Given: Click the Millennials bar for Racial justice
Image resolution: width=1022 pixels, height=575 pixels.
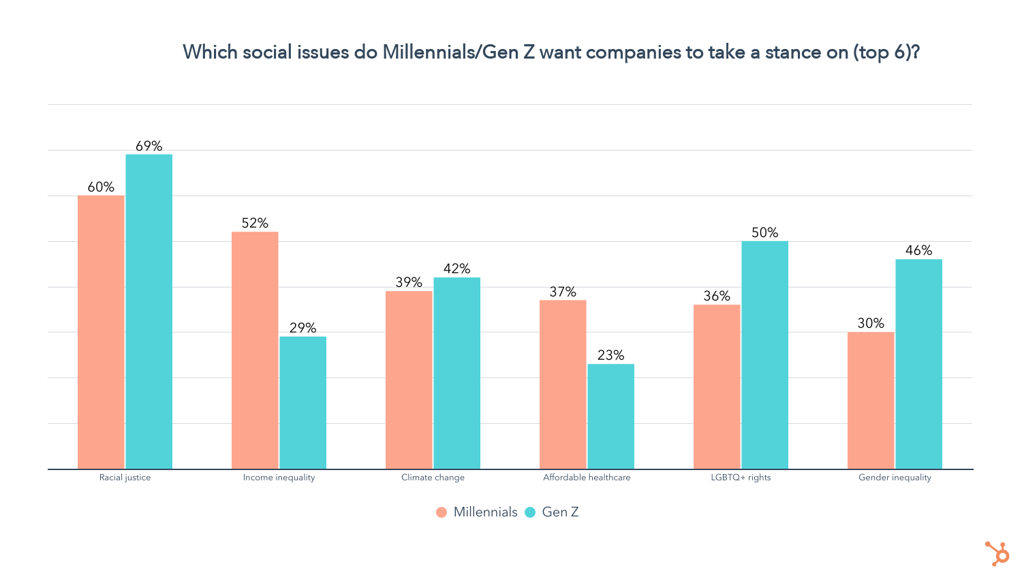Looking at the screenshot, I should pos(101,332).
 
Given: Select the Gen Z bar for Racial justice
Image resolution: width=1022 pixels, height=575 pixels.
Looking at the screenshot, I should pos(149,311).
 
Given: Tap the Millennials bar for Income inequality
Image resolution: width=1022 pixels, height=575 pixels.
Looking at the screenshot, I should pos(255,350).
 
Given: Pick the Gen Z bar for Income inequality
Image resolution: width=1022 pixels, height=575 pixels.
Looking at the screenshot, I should pos(303,403).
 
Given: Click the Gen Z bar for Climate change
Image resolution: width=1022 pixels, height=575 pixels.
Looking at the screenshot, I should pos(457,373).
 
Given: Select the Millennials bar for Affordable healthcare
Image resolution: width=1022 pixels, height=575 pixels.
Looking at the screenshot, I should pos(563,384).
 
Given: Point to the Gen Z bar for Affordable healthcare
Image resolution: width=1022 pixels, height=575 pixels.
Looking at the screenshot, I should pos(611,416).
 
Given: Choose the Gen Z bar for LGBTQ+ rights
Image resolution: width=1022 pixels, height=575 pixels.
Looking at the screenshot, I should pos(765,355).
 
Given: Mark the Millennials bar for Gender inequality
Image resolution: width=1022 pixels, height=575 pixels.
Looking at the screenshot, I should pos(871,400).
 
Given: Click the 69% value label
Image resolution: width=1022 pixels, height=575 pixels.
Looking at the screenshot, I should pos(149,146).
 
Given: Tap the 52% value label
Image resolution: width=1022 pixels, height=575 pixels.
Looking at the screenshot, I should pos(255,223).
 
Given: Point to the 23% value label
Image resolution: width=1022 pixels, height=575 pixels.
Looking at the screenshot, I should pos(611,355).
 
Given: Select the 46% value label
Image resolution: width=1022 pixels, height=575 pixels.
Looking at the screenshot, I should pos(919,251).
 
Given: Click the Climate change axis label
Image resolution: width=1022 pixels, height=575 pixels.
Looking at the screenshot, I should pos(433,478).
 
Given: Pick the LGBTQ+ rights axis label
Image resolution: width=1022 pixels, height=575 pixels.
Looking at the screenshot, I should pos(741,478).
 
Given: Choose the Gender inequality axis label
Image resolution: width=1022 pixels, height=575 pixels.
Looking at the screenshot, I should pos(895,478).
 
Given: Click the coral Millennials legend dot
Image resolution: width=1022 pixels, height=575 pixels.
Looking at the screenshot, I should pos(442,512).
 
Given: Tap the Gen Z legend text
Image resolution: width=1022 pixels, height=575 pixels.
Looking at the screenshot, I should pos(560,512).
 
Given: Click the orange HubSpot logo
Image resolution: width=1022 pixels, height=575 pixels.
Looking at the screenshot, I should pos(997,553).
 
